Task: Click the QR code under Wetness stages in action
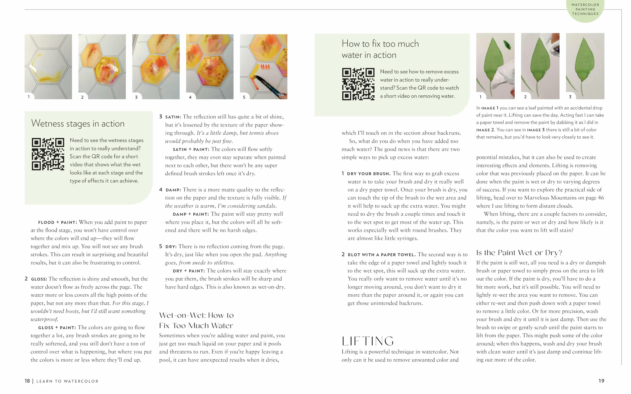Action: pyautogui.click(x=48, y=154)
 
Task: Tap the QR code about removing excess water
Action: pyautogui.click(x=358, y=84)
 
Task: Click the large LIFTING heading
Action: pyautogui.click(x=368, y=341)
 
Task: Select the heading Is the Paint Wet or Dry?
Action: pyautogui.click(x=519, y=253)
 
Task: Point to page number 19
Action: pyautogui.click(x=601, y=381)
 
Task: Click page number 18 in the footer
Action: pyautogui.click(x=27, y=381)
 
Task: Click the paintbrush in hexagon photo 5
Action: pyautogui.click(x=268, y=85)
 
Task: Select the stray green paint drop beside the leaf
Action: pyautogui.click(x=507, y=45)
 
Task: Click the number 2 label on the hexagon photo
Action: pyautogui.click(x=82, y=97)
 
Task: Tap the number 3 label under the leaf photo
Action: pyautogui.click(x=570, y=97)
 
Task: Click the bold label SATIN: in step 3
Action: pyautogui.click(x=173, y=117)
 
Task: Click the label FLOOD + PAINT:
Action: pyautogui.click(x=58, y=222)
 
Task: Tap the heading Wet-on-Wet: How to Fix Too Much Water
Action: pyautogui.click(x=197, y=320)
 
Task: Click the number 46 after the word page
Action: pyautogui.click(x=601, y=198)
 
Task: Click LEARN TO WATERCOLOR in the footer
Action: pyautogui.click(x=67, y=381)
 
